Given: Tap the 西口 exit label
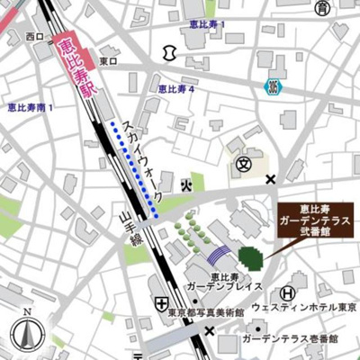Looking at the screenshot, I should (x=35, y=37).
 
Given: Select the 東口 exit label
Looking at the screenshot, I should (x=109, y=61).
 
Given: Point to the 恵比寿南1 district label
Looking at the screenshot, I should (x=31, y=108).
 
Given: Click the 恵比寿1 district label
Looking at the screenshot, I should (x=208, y=24).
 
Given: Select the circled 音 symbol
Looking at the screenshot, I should (x=321, y=8).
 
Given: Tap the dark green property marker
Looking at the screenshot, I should (x=252, y=257).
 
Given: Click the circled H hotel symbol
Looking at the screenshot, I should (x=286, y=292).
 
